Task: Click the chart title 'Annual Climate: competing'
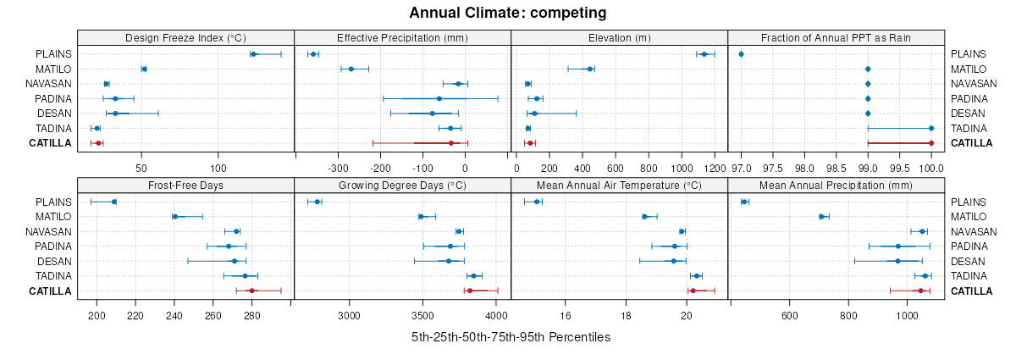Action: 508,13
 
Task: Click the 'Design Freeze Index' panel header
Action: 185,37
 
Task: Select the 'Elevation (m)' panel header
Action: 619,37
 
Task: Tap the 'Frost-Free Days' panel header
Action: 185,185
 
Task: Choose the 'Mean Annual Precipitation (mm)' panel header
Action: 836,185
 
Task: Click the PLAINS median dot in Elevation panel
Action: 704,54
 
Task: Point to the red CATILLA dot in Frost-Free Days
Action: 251,291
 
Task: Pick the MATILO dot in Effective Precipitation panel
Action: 351,69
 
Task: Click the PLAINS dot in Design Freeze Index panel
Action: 253,54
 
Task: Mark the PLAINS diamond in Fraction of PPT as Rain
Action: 741,54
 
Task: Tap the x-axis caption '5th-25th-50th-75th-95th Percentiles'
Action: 511,337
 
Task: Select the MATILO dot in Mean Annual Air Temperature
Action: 644,217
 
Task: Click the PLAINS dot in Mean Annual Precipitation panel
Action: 743,202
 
